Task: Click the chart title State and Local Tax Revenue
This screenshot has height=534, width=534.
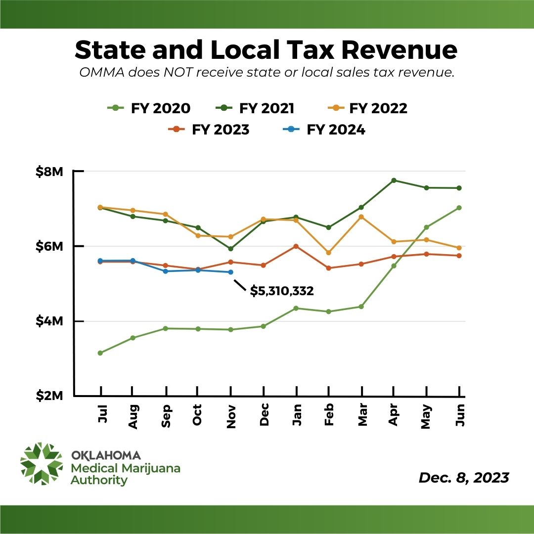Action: click(x=267, y=50)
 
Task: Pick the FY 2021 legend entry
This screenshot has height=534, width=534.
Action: click(x=258, y=108)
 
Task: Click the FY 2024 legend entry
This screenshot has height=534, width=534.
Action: click(x=326, y=130)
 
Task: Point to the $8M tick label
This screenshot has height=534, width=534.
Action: click(x=49, y=172)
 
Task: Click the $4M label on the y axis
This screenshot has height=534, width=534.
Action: click(x=49, y=321)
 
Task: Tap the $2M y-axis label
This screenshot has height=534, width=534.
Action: click(x=49, y=396)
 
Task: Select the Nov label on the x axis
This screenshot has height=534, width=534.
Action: click(x=230, y=414)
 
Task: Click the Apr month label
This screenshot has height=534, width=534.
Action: click(x=394, y=414)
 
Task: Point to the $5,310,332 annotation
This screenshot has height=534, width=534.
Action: click(x=282, y=291)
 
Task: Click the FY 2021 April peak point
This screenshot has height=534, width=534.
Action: click(x=394, y=180)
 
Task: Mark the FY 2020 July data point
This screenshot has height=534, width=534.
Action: click(x=100, y=353)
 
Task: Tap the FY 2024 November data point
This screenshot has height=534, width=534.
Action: click(x=231, y=272)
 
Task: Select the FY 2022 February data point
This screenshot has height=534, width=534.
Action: click(x=328, y=253)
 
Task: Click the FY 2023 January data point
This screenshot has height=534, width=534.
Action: click(x=296, y=246)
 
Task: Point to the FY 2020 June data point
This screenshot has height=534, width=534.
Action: click(x=459, y=208)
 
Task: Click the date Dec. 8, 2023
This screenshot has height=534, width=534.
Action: click(x=464, y=478)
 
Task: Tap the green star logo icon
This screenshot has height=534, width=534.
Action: click(x=42, y=463)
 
